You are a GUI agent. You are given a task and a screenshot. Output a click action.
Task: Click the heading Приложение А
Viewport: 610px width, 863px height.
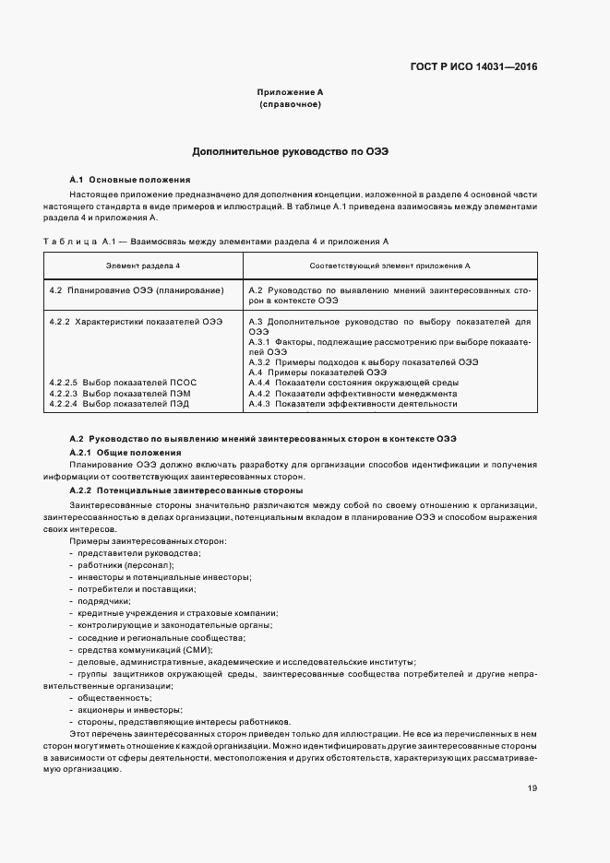click(290, 93)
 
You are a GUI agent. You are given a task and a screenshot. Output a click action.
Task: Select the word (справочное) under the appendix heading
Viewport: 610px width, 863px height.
click(290, 105)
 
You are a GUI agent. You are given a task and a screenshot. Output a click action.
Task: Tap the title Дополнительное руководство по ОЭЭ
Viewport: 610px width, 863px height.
click(290, 151)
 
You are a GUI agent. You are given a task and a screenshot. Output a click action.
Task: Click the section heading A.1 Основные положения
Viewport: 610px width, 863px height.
click(130, 180)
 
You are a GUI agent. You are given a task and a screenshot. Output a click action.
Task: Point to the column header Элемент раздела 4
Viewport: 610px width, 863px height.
click(143, 266)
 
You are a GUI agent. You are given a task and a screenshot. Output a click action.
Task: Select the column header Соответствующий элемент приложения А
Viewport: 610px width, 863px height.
click(390, 266)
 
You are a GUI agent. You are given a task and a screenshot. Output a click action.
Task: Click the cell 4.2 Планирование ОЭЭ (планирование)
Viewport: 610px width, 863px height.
click(137, 290)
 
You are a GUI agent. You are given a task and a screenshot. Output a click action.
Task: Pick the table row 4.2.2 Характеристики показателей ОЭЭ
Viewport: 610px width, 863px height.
click(136, 321)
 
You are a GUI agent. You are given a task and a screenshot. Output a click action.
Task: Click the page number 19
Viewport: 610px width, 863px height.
click(532, 787)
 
